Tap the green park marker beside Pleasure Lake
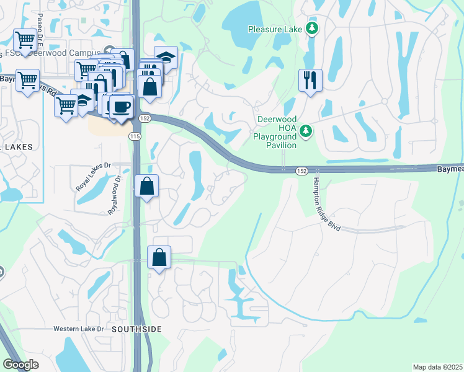click(313, 28)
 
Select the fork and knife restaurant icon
click(310, 80)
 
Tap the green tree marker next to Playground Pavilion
click(305, 131)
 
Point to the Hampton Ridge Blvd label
click(326, 204)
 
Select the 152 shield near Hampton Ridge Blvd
click(301, 170)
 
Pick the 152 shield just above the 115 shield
click(145, 118)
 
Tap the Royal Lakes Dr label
click(92, 176)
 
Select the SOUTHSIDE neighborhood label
click(137, 329)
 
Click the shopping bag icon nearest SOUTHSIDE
click(159, 257)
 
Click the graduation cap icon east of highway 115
click(166, 57)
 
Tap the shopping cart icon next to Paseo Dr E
click(25, 41)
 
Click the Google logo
click(20, 365)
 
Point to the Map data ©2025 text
click(437, 367)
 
